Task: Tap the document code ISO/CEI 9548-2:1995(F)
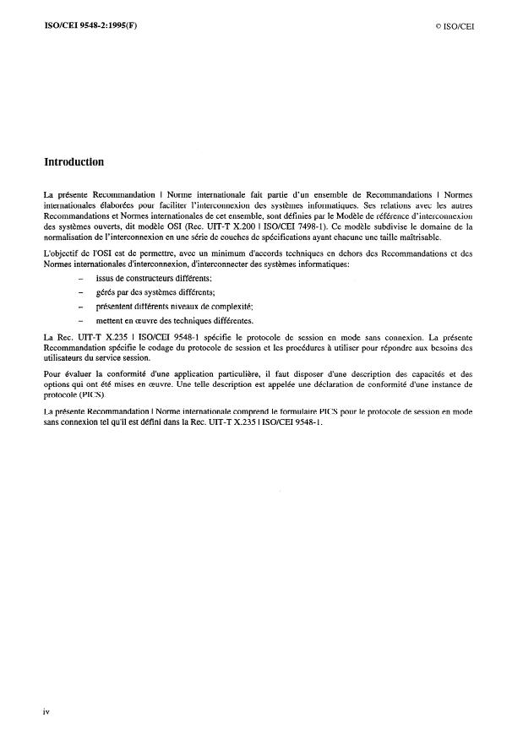90,26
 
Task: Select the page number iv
46,711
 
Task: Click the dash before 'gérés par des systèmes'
80,291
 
